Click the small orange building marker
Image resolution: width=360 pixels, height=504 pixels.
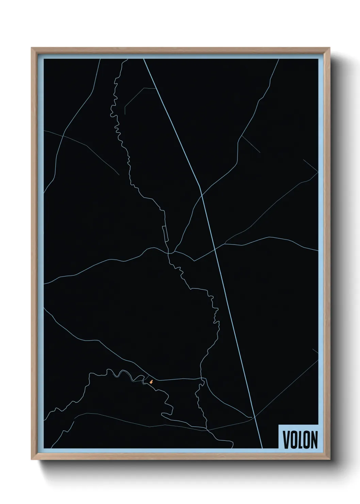(x=151, y=382)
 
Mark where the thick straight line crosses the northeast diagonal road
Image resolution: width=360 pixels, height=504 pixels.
(x=202, y=195)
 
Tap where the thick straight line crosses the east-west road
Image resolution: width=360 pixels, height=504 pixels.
(x=215, y=249)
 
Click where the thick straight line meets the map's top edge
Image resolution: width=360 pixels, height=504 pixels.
(x=144, y=59)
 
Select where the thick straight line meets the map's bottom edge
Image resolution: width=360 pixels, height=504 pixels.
(x=262, y=448)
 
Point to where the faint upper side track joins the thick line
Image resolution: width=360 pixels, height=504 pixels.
(x=156, y=89)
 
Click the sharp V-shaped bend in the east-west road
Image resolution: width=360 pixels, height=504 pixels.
(x=194, y=261)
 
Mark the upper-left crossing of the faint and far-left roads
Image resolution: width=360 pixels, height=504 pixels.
(x=63, y=136)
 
